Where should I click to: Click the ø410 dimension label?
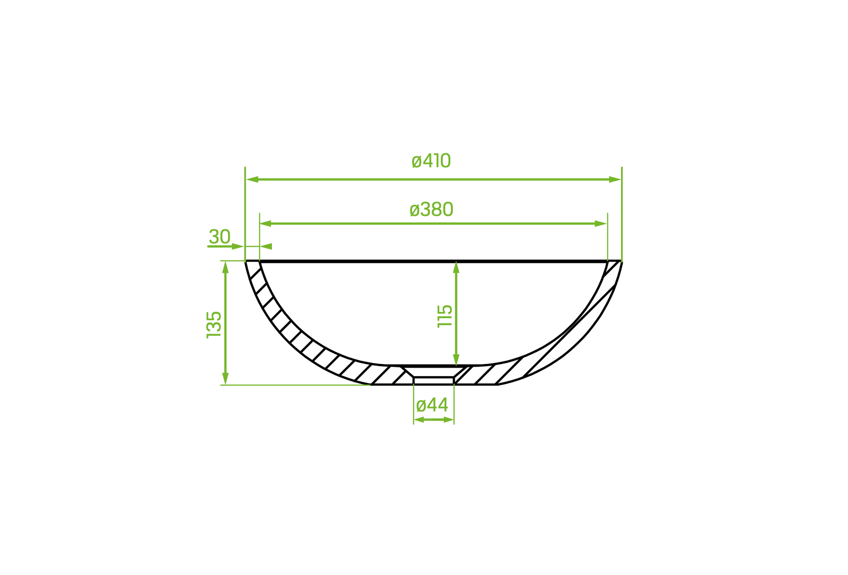pyautogui.click(x=431, y=161)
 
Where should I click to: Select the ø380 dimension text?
pyautogui.click(x=431, y=210)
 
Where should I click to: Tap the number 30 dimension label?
pyautogui.click(x=220, y=237)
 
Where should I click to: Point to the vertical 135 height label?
pyautogui.click(x=214, y=325)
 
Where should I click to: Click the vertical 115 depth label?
pyautogui.click(x=445, y=316)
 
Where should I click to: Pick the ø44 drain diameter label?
pyautogui.click(x=432, y=405)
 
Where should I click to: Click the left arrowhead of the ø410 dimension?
pyautogui.click(x=252, y=180)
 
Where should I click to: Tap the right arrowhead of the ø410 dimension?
pyautogui.click(x=615, y=180)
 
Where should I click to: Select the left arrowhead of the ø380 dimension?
pyautogui.click(x=266, y=224)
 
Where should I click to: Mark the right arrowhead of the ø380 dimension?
pyautogui.click(x=601, y=224)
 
